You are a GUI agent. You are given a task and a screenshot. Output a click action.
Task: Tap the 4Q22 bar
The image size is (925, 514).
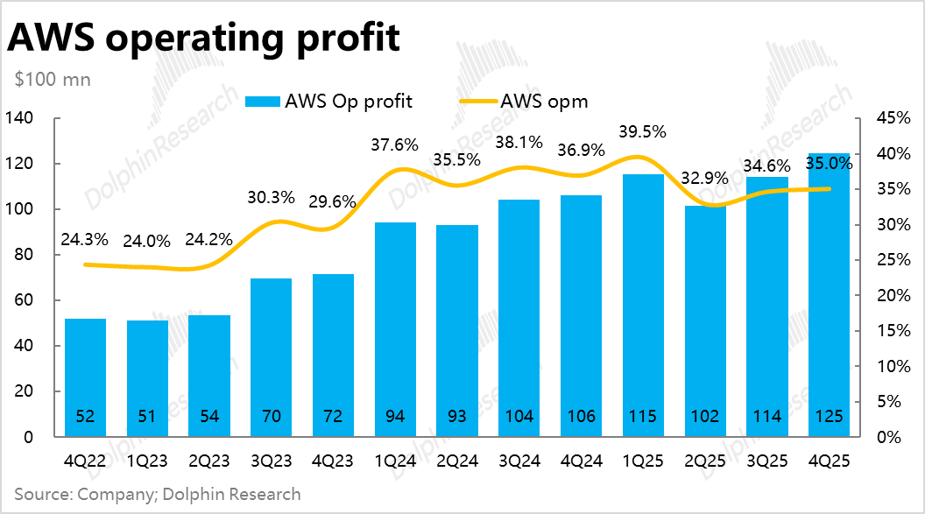pyautogui.click(x=85, y=377)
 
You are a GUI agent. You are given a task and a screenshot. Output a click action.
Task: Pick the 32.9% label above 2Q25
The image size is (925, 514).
pyautogui.click(x=706, y=178)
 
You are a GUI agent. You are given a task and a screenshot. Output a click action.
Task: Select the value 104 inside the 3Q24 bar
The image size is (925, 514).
pyautogui.click(x=519, y=416)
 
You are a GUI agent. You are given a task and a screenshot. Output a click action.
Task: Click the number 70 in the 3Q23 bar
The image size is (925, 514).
pyautogui.click(x=272, y=416)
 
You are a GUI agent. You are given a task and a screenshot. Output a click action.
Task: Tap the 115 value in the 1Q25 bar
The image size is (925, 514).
pyautogui.click(x=644, y=416)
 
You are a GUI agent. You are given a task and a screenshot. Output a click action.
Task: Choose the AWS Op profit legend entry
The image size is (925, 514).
pyautogui.click(x=329, y=101)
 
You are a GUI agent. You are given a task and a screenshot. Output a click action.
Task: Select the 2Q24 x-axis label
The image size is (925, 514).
pyautogui.click(x=458, y=460)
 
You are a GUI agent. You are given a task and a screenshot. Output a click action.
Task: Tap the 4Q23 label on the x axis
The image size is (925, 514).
pyautogui.click(x=334, y=460)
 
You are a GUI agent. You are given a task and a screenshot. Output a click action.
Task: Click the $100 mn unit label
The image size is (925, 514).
pyautogui.click(x=53, y=79)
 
